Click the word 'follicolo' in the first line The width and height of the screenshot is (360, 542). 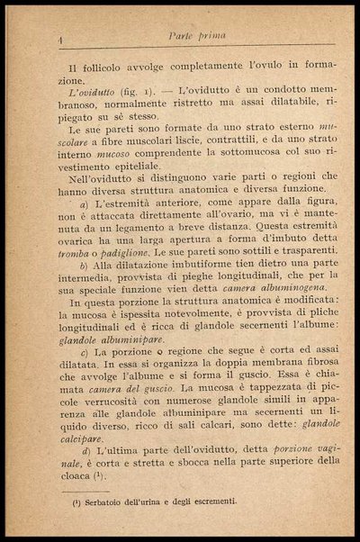(106, 68)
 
